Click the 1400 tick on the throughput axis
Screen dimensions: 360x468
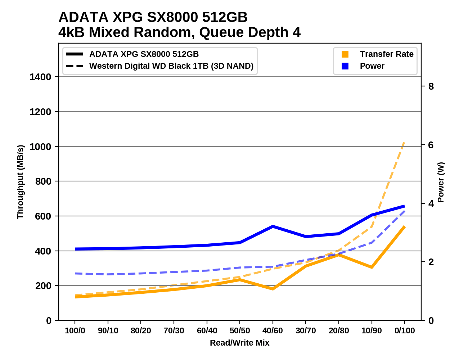(x=40, y=77)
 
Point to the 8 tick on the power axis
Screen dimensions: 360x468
(x=431, y=86)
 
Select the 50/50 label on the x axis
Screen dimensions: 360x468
(x=240, y=330)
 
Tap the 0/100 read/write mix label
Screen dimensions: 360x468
(x=405, y=330)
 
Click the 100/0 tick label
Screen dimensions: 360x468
(x=75, y=330)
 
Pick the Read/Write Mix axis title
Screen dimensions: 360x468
(x=239, y=343)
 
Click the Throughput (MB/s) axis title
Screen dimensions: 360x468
(x=20, y=182)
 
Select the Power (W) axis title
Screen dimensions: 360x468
(x=441, y=182)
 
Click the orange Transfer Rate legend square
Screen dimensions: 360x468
(x=345, y=54)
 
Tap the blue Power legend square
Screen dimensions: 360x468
(x=345, y=66)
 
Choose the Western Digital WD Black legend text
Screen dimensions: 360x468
(x=171, y=66)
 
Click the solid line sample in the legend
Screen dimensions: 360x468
(x=75, y=54)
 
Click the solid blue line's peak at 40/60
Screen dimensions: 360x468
(x=273, y=226)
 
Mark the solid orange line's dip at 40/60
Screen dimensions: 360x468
(x=273, y=289)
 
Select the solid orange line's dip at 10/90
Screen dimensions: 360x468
(x=372, y=267)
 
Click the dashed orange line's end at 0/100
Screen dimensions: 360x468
(x=405, y=143)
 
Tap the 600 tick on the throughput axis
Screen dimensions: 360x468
(x=43, y=216)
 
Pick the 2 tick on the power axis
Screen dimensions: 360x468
(x=431, y=262)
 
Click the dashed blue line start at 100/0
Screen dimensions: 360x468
(x=75, y=274)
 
